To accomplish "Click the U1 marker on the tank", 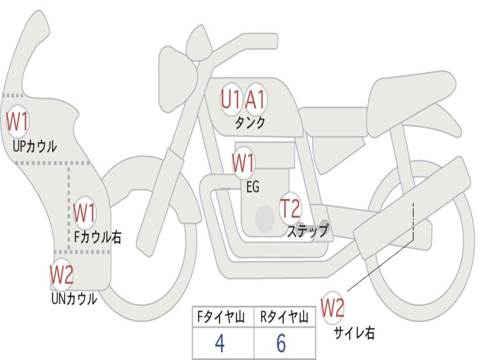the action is [x=231, y=99].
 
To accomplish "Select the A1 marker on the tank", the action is [x=255, y=99].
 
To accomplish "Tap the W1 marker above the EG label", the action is [x=243, y=164].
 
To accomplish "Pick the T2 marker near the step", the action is [x=290, y=209].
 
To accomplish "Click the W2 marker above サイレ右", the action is [x=332, y=308].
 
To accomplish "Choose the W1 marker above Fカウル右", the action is [x=84, y=213].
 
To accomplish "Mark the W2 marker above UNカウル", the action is [x=62, y=275].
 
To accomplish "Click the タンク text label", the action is [x=250, y=123].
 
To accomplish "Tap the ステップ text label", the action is [x=308, y=231].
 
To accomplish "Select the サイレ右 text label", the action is [x=354, y=333].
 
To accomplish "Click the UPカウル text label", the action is [x=35, y=146].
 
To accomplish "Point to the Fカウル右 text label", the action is [x=98, y=237].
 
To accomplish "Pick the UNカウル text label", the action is [x=74, y=298].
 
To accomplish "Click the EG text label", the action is [x=253, y=187].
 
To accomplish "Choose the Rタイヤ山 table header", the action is [x=285, y=318].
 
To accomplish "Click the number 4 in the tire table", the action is [x=219, y=344].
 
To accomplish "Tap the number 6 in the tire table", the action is [x=281, y=344].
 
